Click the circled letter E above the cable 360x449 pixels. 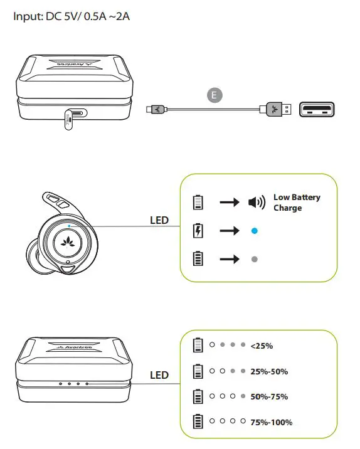(x=215, y=95)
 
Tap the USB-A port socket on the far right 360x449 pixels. (x=317, y=110)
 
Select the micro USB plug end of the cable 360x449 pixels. (x=154, y=110)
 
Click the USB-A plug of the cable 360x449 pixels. (x=276, y=110)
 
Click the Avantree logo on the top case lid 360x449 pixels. (x=74, y=63)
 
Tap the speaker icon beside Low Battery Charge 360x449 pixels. (x=256, y=202)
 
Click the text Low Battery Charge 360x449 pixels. (x=296, y=202)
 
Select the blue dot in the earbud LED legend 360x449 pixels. (x=254, y=231)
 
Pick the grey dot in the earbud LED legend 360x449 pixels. (x=254, y=259)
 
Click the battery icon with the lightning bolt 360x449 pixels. (x=198, y=231)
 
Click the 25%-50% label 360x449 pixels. (x=268, y=371)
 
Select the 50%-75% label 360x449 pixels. (x=268, y=397)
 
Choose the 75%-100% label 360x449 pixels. (x=271, y=422)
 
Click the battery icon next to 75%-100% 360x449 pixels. (x=198, y=422)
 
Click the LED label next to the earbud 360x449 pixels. (x=159, y=221)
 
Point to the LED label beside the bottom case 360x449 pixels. (x=159, y=375)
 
